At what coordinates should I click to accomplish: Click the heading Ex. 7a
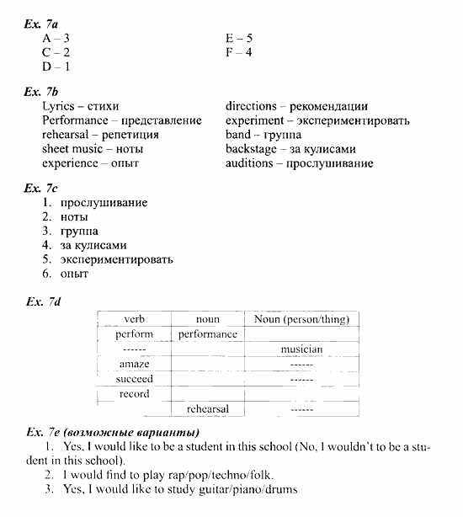(41, 23)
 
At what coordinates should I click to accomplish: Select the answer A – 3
(56, 38)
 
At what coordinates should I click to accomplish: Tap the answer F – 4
(239, 52)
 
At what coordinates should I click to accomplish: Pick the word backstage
(251, 149)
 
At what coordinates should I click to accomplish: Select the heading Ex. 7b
(41, 91)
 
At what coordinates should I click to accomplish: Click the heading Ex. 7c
(41, 188)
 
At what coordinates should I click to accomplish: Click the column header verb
(135, 319)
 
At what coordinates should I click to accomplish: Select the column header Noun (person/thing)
(301, 319)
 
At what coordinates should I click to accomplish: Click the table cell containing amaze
(135, 364)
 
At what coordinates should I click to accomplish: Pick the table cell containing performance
(208, 334)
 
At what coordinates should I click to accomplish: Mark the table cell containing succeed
(135, 379)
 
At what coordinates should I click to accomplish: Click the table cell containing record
(135, 394)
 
